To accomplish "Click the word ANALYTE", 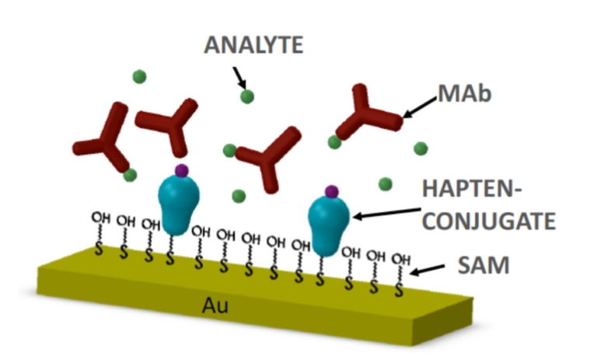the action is click(253, 45).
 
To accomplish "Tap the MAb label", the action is click(465, 93).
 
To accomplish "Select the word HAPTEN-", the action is click(472, 189).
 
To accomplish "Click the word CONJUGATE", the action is click(489, 221).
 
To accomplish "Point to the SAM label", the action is click(484, 265).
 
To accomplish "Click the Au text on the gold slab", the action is click(215, 305).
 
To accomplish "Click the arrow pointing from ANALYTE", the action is click(239, 78).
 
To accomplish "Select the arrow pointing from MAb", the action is click(419, 107).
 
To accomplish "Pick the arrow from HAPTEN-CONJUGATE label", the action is click(387, 213).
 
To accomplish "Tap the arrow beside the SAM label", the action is click(428, 269).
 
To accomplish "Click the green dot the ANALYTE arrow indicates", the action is click(247, 96).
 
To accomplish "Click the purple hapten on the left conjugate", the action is click(182, 170).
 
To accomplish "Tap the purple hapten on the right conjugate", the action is click(332, 191).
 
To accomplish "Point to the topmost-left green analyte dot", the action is click(139, 76).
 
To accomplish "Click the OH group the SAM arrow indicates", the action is click(401, 259).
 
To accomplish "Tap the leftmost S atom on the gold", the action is click(99, 250).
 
